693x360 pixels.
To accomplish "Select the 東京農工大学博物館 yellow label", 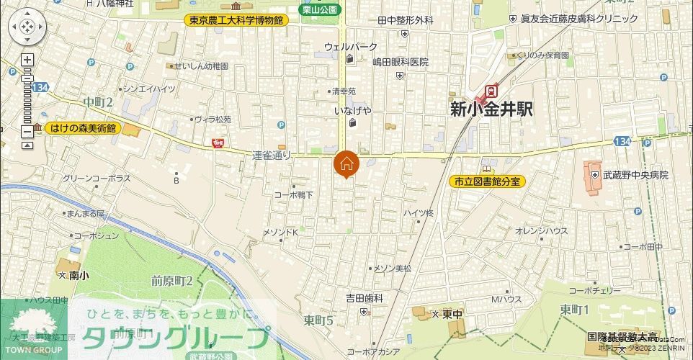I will [236, 20].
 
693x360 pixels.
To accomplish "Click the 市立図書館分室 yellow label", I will [487, 182].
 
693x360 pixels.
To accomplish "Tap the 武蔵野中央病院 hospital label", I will [635, 175].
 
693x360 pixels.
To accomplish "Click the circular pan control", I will [27, 27].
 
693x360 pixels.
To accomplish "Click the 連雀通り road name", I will [272, 155].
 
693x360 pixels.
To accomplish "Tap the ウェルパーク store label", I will [350, 47].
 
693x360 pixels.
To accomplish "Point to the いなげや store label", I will [353, 111].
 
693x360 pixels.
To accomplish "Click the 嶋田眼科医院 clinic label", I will [401, 62].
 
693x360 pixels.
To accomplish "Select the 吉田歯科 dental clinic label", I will [364, 297].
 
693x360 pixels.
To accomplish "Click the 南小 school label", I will [74, 275].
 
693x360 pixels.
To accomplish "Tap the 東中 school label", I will [452, 315].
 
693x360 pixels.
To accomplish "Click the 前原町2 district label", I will [172, 280].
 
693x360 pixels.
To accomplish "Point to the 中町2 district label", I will [98, 102].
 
